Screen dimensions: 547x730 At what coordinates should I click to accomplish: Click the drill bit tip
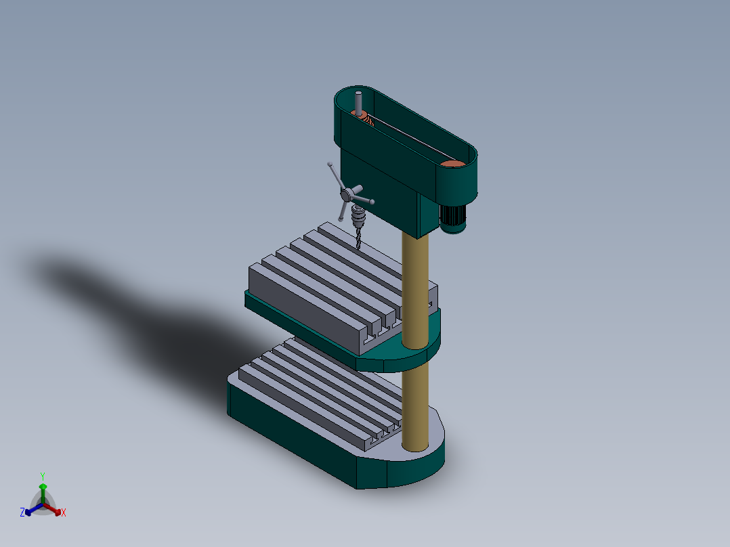coord(359,249)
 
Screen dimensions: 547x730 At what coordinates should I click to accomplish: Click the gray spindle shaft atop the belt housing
coord(359,102)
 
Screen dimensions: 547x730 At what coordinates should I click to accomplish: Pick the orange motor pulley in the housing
coord(452,163)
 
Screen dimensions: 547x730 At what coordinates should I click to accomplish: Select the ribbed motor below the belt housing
coord(452,217)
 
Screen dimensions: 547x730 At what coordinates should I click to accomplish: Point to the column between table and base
coord(414,406)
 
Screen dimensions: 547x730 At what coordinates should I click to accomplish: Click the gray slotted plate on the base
coord(318,386)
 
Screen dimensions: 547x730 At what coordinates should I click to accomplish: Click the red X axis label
coord(64,513)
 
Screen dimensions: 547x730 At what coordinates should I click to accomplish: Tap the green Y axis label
coord(42,476)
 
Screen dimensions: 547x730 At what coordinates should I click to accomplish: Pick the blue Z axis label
coord(22,512)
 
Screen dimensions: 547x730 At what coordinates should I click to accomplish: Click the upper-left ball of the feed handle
coord(330,165)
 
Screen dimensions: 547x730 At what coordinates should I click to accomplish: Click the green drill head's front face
coord(379,196)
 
